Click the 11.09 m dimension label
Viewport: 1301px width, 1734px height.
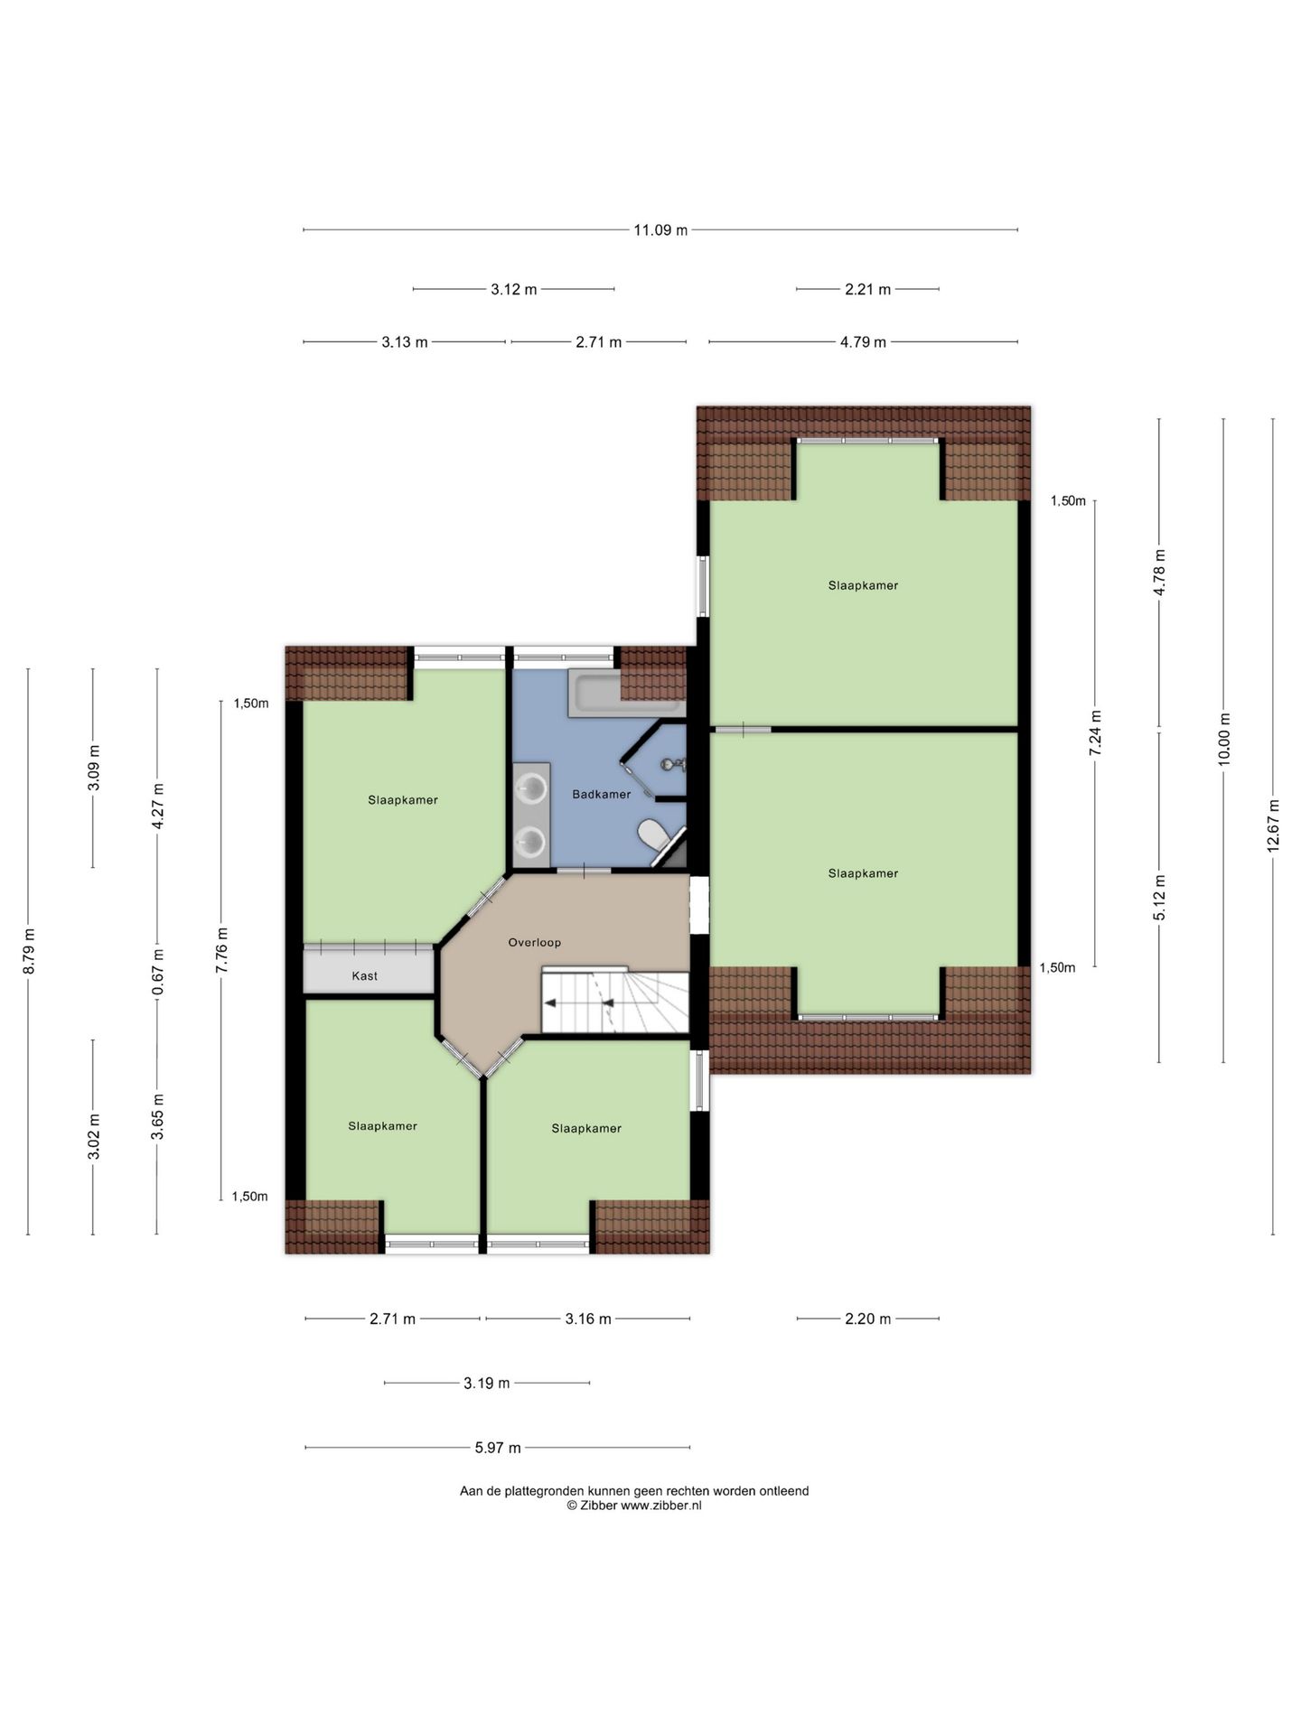point(660,230)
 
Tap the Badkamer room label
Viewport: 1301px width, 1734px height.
point(602,795)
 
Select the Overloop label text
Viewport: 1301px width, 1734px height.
point(534,943)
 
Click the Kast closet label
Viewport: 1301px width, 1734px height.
point(365,976)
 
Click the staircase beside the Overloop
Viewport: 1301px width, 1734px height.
point(614,1002)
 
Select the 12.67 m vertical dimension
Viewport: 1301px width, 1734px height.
point(1273,825)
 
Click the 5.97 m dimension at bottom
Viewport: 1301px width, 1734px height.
point(498,1449)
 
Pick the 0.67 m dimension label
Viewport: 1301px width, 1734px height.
point(157,971)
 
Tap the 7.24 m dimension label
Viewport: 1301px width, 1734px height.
point(1095,732)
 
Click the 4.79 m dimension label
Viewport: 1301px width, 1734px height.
point(863,342)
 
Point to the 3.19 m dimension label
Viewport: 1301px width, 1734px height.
point(487,1384)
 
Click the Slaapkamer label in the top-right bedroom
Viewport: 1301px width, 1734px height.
point(863,585)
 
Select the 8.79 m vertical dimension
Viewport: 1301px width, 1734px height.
point(28,951)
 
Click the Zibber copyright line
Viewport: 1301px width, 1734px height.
point(634,1506)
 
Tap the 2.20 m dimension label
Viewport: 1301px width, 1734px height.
point(867,1319)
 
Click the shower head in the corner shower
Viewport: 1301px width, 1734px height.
point(669,764)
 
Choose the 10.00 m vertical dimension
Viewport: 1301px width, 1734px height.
point(1224,740)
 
